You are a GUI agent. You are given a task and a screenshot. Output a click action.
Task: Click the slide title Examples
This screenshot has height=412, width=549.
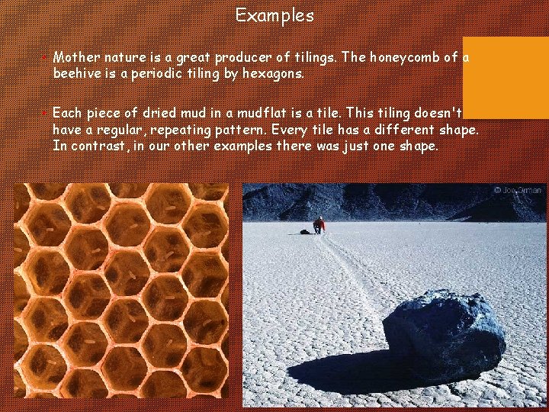pos(274,15)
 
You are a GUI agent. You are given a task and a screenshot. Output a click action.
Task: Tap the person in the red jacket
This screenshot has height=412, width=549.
pos(319,224)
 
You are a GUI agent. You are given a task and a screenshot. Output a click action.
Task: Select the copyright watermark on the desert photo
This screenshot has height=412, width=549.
pos(518,190)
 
